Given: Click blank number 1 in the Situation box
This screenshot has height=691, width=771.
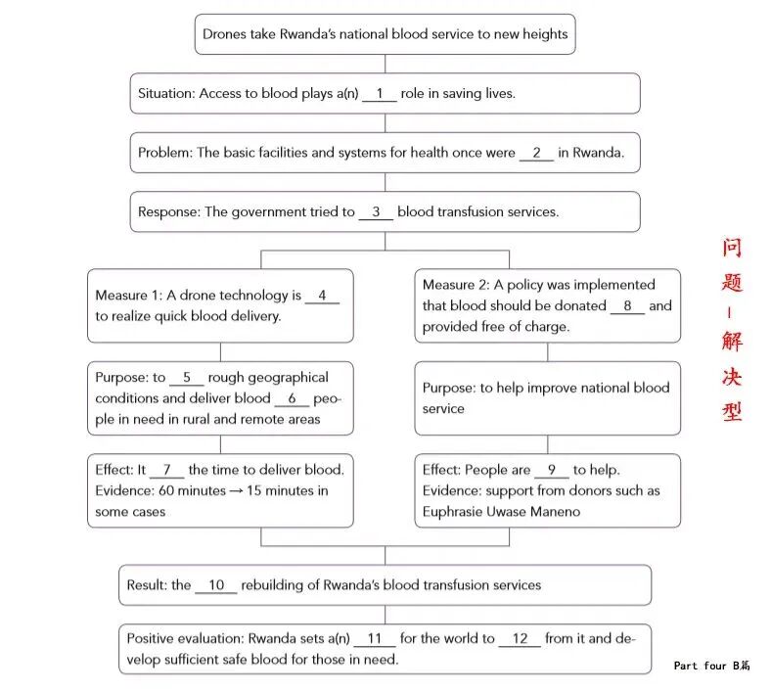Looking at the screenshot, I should [380, 94].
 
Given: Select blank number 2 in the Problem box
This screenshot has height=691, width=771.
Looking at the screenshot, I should [536, 154].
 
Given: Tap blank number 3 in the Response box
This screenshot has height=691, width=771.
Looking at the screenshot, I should [376, 212].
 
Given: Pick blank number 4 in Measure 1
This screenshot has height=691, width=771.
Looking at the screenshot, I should [322, 297].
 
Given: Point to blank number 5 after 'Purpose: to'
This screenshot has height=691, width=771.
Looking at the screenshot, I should [186, 379].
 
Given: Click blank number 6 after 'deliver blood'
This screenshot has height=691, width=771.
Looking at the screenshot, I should [292, 399].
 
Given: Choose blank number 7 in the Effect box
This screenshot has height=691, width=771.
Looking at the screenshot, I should [166, 471].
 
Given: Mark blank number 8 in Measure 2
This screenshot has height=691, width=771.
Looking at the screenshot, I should [627, 306].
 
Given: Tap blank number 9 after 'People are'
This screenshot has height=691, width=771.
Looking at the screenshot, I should [552, 471].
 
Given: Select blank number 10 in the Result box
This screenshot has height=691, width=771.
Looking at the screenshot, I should [216, 586].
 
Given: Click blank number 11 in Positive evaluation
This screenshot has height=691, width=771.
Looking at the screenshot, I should [375, 639].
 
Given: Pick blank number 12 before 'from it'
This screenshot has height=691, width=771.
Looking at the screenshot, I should [520, 639].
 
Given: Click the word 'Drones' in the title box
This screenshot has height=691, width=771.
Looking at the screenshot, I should [226, 34].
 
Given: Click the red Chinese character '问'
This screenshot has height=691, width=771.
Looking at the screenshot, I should [733, 249].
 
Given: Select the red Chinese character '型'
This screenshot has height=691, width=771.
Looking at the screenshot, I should [733, 411].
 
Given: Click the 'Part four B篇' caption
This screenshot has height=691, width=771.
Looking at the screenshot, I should [711, 666].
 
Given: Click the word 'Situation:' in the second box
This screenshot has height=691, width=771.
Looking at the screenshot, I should [166, 94].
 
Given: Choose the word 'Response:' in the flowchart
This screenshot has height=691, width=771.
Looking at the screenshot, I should [168, 212].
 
